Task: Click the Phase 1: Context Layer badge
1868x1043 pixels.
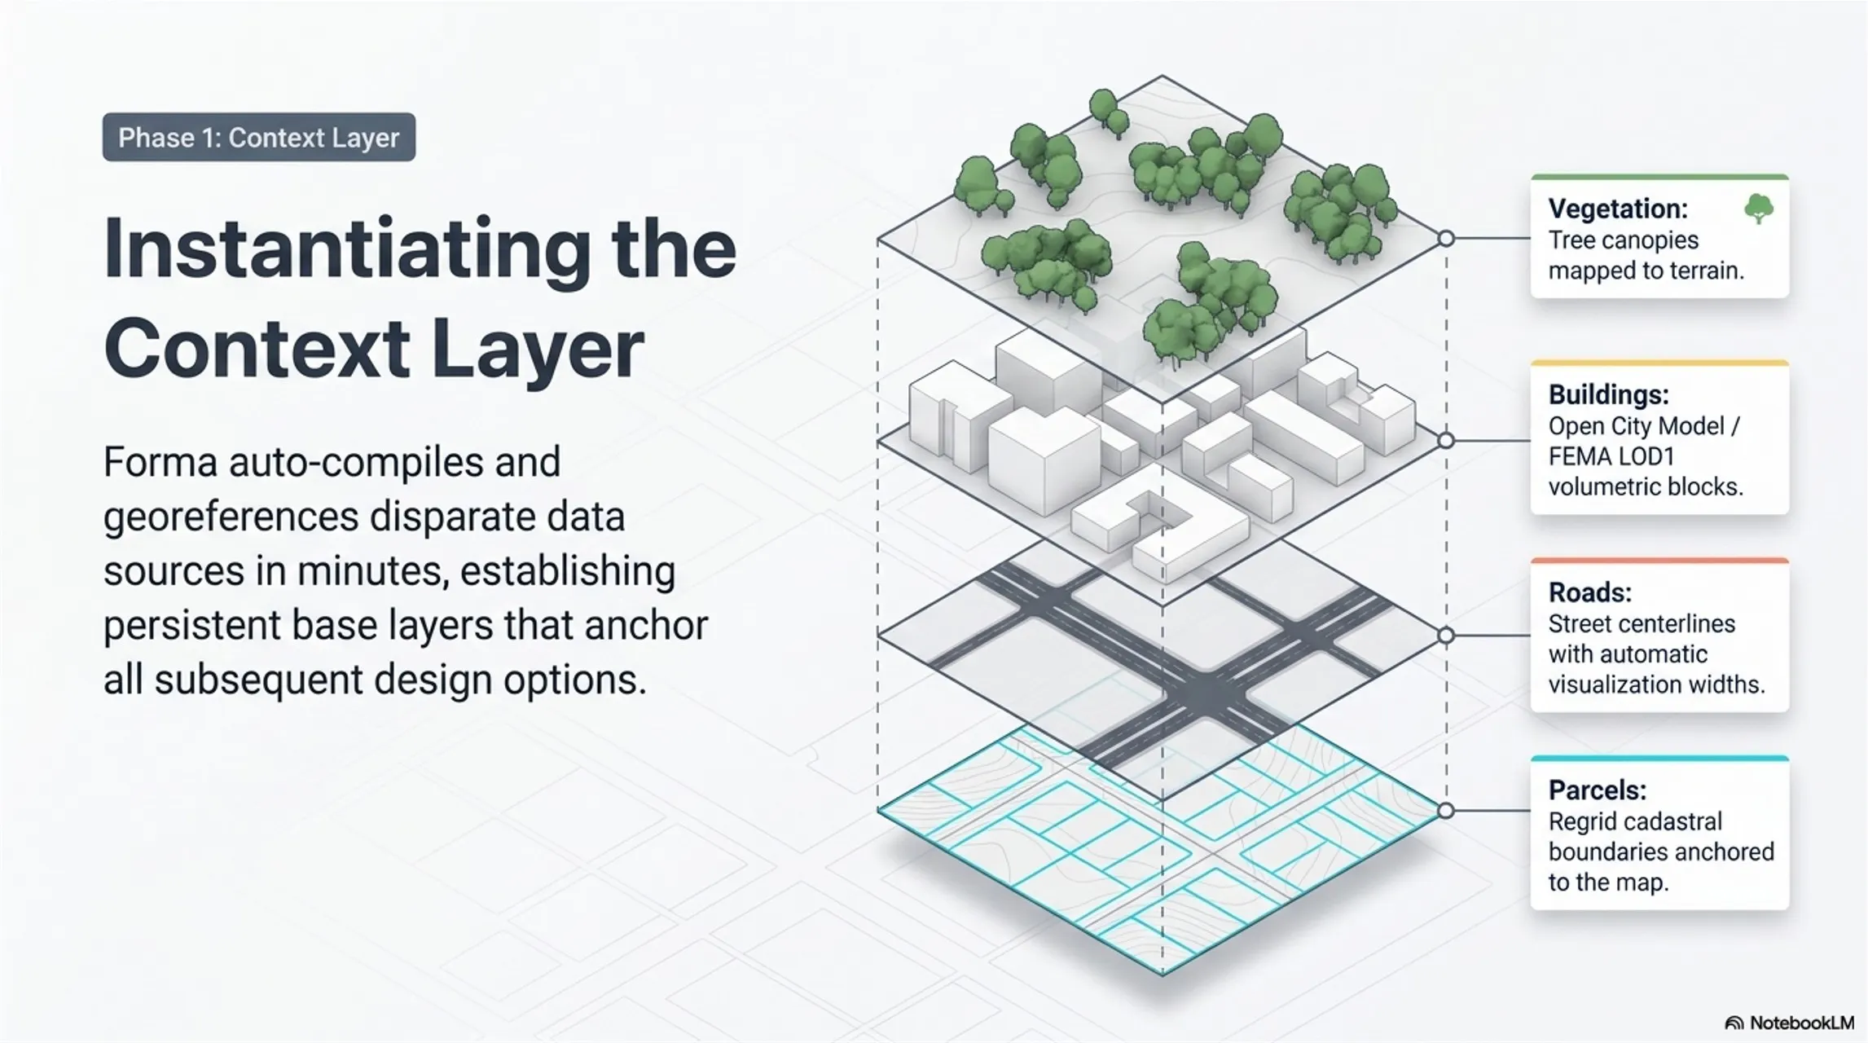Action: click(x=259, y=137)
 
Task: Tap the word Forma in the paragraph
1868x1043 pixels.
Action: click(x=160, y=462)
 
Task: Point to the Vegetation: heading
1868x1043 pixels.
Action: click(x=1617, y=209)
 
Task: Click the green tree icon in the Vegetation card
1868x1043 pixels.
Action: click(x=1759, y=209)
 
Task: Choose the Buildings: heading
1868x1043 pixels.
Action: click(x=1608, y=395)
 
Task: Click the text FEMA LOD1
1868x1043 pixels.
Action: click(x=1611, y=456)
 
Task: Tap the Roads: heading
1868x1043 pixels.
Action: click(x=1589, y=592)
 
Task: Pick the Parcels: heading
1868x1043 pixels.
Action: click(x=1597, y=790)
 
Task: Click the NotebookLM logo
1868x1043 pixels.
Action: click(x=1789, y=1023)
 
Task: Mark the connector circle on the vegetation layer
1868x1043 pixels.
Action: click(x=1446, y=239)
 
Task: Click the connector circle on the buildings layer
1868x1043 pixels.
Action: click(x=1446, y=441)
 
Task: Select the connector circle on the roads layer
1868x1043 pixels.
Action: click(x=1446, y=636)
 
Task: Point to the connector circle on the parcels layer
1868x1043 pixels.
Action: click(x=1446, y=811)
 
